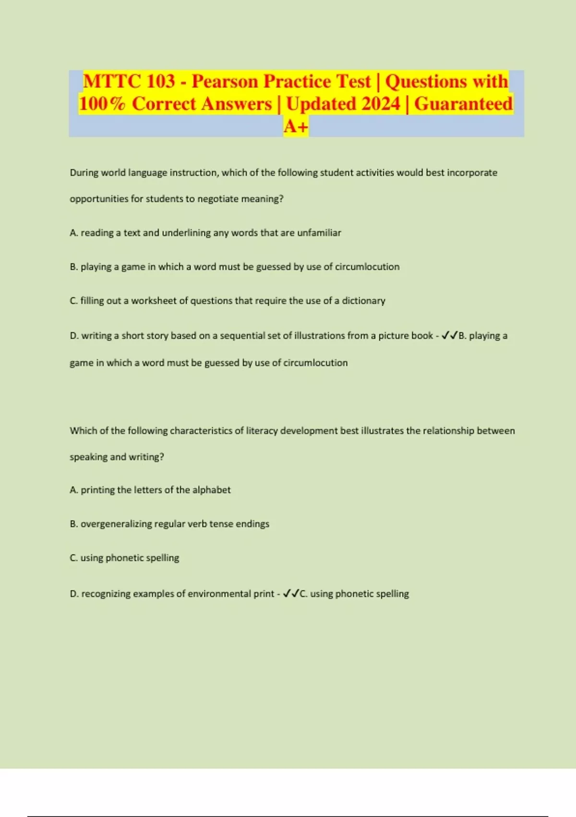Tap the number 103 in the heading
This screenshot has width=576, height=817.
pyautogui.click(x=160, y=81)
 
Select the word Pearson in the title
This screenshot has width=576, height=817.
pyautogui.click(x=225, y=81)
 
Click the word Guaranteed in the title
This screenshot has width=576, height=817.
pyautogui.click(x=463, y=104)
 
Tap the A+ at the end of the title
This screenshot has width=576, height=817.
pyautogui.click(x=296, y=126)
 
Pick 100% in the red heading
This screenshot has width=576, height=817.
pyautogui.click(x=102, y=104)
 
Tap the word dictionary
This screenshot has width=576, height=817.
pyautogui.click(x=363, y=301)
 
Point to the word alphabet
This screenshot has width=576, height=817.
pyautogui.click(x=211, y=490)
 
